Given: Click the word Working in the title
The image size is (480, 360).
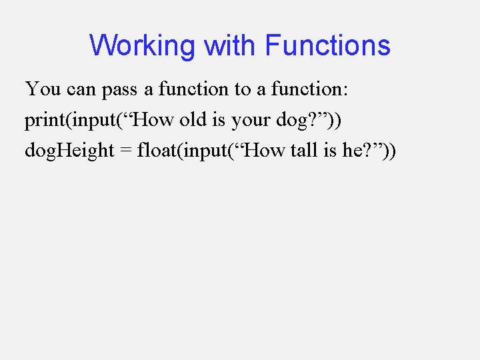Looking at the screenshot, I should pos(143,46).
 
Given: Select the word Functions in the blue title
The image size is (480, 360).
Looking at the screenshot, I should pos(327,46).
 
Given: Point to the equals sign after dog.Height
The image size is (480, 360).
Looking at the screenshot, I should pos(125,151).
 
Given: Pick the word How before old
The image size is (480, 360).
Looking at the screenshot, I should pos(155,120).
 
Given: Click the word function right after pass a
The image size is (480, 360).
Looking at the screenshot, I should pos(188,89).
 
